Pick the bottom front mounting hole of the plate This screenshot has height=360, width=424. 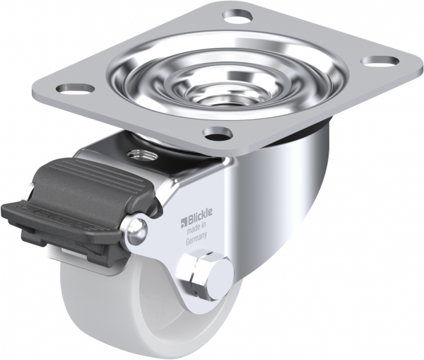pos(218,133)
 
